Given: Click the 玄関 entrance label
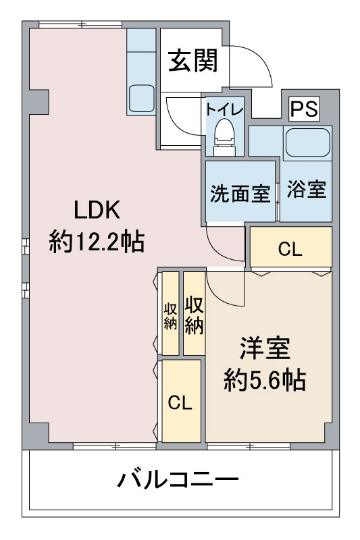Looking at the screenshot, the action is tap(193, 61).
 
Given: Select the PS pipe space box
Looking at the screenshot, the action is tap(304, 109).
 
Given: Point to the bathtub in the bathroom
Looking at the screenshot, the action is tap(307, 142).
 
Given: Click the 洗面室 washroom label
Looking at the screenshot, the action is tap(240, 193).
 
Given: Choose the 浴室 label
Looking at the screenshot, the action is tap(306, 189).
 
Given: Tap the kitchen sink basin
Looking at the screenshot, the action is tap(142, 99).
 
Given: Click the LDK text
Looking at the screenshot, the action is tap(97, 210).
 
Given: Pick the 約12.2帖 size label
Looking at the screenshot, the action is tap(97, 242).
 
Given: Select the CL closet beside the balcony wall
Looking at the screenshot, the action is tap(181, 401).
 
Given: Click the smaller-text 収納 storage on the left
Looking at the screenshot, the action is tap(170, 316).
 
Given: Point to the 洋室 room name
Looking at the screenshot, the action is tap(265, 348).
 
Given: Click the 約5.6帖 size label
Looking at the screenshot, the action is tap(265, 380).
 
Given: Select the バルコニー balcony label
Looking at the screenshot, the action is tap(178, 479).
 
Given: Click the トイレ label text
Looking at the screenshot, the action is tap(224, 109).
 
